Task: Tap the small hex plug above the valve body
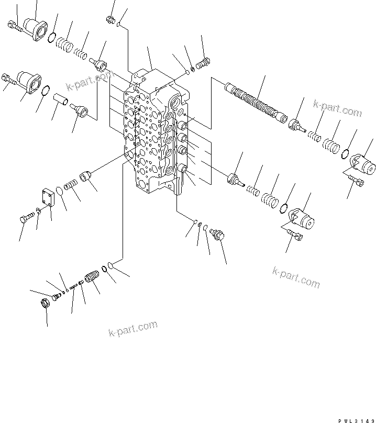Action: click(110, 20)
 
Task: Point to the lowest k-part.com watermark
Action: click(133, 329)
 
